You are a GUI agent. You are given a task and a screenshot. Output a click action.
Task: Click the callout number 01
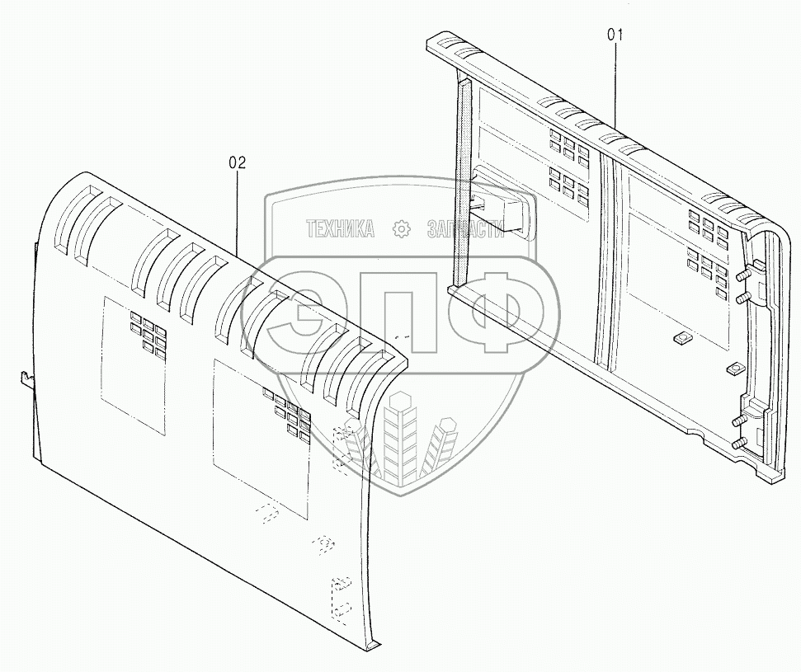pos(615,35)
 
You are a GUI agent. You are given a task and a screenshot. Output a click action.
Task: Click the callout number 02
pos(237,162)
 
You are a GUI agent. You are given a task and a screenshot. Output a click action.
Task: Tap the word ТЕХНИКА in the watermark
pos(340,229)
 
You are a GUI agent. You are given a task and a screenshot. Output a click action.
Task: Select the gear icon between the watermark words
pos(401,229)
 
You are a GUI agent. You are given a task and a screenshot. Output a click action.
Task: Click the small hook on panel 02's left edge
pos(26,378)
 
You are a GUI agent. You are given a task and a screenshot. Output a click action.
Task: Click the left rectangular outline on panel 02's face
pos(132,363)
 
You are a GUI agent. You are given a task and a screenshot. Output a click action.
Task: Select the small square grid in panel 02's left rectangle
pos(148,332)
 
